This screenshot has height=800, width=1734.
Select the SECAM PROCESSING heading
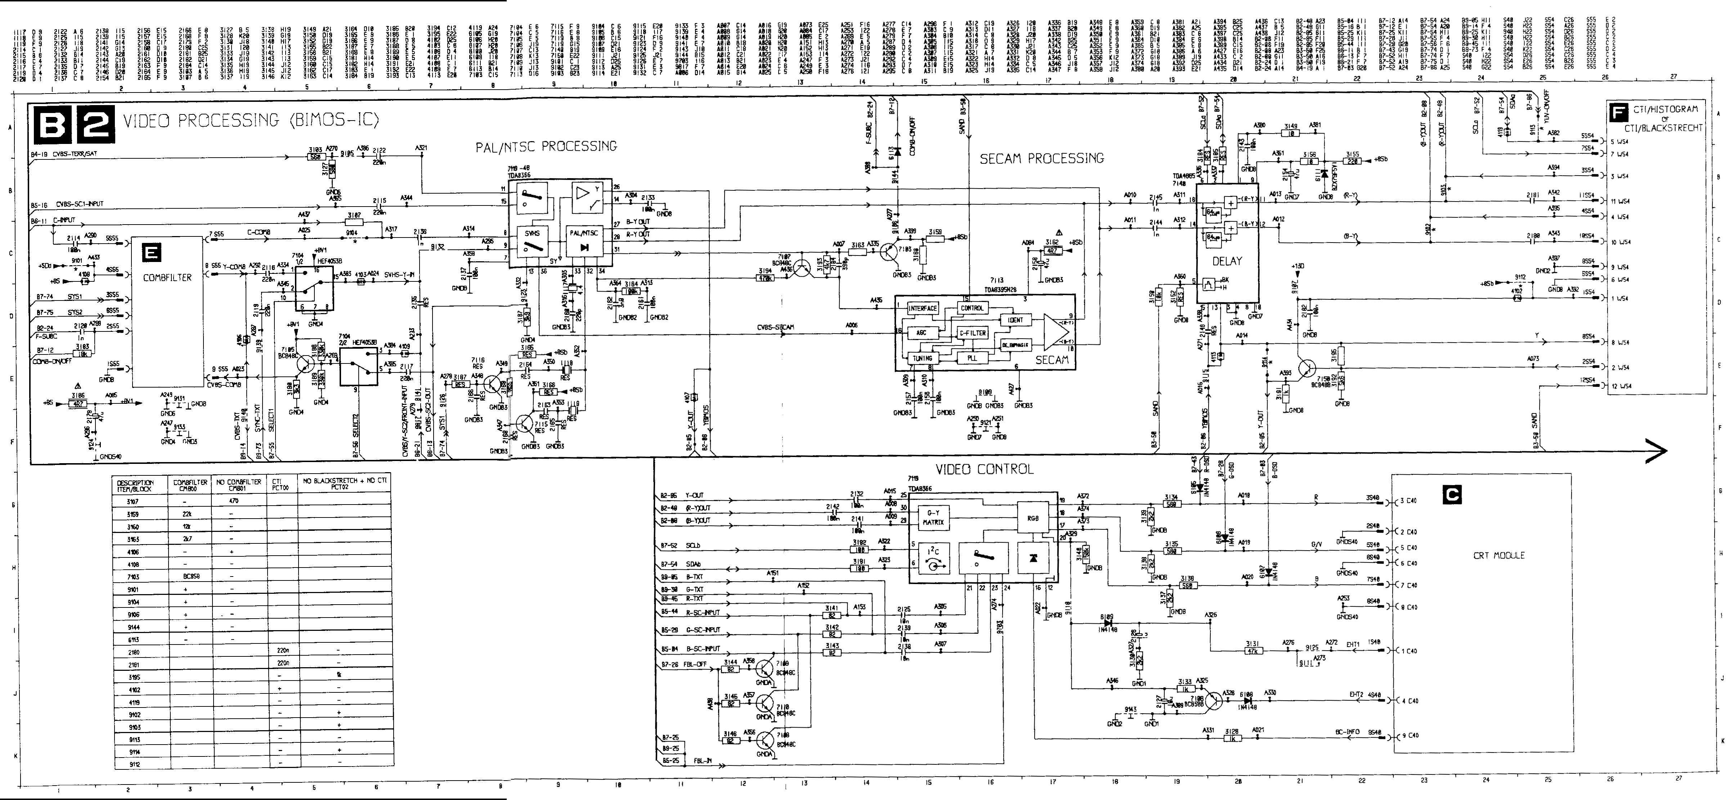pos(1041,159)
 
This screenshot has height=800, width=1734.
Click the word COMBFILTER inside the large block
pos(167,277)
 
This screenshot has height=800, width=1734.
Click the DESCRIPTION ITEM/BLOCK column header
pos(135,486)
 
